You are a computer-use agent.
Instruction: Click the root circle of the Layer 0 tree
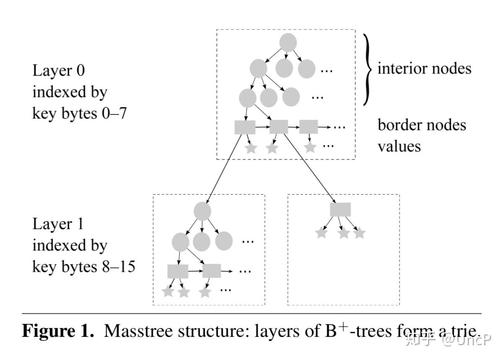(x=288, y=42)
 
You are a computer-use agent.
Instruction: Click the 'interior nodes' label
(x=424, y=68)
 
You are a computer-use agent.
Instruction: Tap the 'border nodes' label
(x=422, y=125)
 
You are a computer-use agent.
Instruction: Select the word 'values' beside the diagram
(x=399, y=146)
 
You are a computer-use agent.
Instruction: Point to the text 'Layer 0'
(x=59, y=70)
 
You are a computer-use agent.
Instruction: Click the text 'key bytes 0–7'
(x=79, y=113)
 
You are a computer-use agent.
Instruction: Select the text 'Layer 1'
(x=58, y=224)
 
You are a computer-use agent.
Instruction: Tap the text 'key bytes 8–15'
(x=84, y=266)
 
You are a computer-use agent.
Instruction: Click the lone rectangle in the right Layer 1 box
(x=340, y=209)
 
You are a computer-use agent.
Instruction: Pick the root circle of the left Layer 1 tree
(x=202, y=211)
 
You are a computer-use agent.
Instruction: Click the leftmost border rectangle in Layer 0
(x=245, y=127)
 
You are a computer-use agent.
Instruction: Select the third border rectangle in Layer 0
(x=309, y=127)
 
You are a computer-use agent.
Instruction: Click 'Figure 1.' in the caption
(x=58, y=331)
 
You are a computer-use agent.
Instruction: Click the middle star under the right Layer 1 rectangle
(x=344, y=232)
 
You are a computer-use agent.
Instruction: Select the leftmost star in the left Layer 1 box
(x=168, y=291)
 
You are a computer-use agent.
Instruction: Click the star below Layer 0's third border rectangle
(x=310, y=147)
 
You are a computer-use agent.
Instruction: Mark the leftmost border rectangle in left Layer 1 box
(x=178, y=271)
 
